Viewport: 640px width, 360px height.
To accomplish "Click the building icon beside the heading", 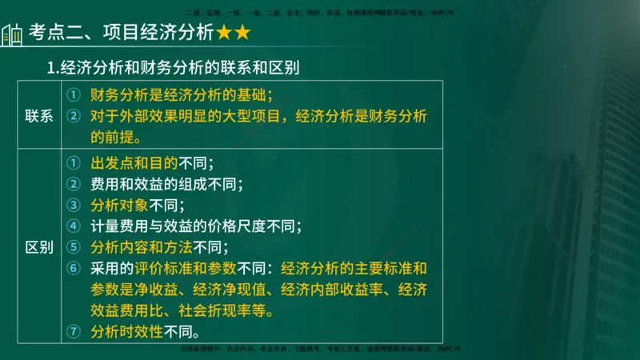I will click(x=12, y=35).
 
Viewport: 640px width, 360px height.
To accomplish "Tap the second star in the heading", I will click(x=242, y=33).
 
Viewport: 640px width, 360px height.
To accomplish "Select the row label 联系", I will click(x=39, y=116).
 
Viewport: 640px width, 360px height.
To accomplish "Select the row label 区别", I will click(x=39, y=246).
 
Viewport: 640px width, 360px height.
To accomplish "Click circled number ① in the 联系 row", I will click(x=73, y=94).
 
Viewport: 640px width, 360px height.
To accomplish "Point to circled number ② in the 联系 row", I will click(x=73, y=115).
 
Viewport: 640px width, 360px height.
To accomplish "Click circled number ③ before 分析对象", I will click(x=73, y=204).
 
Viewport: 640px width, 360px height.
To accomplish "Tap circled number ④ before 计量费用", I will click(x=73, y=226).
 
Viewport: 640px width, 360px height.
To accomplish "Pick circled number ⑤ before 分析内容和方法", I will click(x=73, y=246).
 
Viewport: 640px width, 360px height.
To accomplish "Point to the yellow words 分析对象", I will click(x=117, y=204).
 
